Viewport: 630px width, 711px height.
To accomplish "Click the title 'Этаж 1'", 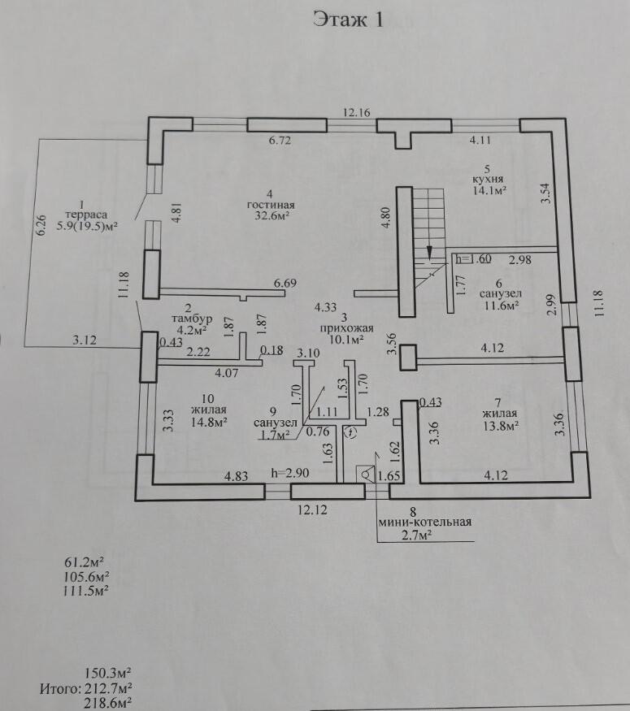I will (347, 20).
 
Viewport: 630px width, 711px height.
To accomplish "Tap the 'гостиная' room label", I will (271, 204).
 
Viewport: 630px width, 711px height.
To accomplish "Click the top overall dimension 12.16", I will (356, 113).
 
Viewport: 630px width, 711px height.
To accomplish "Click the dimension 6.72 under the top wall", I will (279, 141).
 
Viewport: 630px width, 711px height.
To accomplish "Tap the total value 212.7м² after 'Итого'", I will (109, 690).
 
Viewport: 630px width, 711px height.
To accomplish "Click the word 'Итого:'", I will (59, 690).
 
